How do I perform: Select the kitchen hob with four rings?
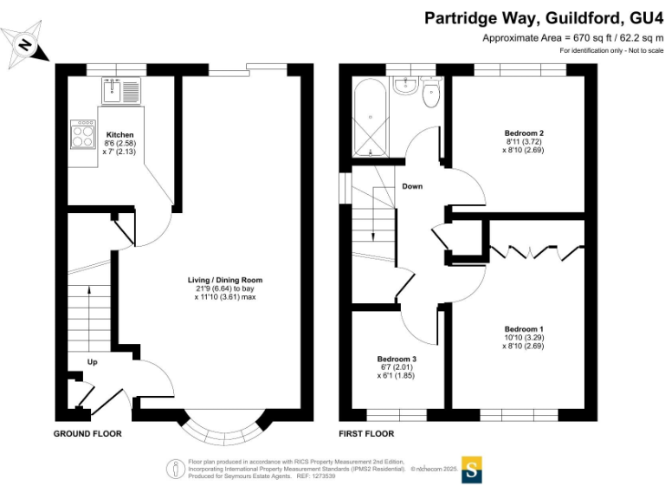(x=83, y=133)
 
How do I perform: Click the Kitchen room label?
(x=119, y=135)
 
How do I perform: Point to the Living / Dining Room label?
(x=225, y=281)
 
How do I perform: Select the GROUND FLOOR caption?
(x=87, y=434)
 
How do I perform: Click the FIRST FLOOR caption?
(x=367, y=434)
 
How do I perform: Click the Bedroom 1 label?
(x=524, y=329)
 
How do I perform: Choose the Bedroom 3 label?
(x=396, y=359)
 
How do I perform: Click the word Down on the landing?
(x=412, y=186)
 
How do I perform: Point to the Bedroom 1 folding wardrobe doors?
(x=533, y=251)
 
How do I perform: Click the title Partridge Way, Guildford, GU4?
(x=543, y=17)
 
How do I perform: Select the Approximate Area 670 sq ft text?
(x=571, y=38)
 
